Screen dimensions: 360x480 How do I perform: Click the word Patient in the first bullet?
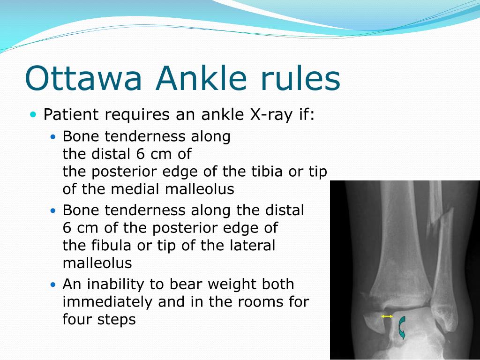tap(71, 114)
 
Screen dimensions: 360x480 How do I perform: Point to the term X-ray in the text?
tap(266, 114)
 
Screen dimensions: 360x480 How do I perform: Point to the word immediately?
tap(108, 302)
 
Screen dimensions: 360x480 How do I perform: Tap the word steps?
tap(115, 320)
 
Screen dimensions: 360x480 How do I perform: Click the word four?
tap(77, 320)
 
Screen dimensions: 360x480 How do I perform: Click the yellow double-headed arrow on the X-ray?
tap(387, 316)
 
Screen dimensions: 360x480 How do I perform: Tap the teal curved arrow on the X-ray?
tap(401, 327)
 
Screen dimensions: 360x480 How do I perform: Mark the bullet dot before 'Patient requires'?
tap(33, 114)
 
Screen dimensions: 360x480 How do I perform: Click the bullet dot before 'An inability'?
tap(53, 285)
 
